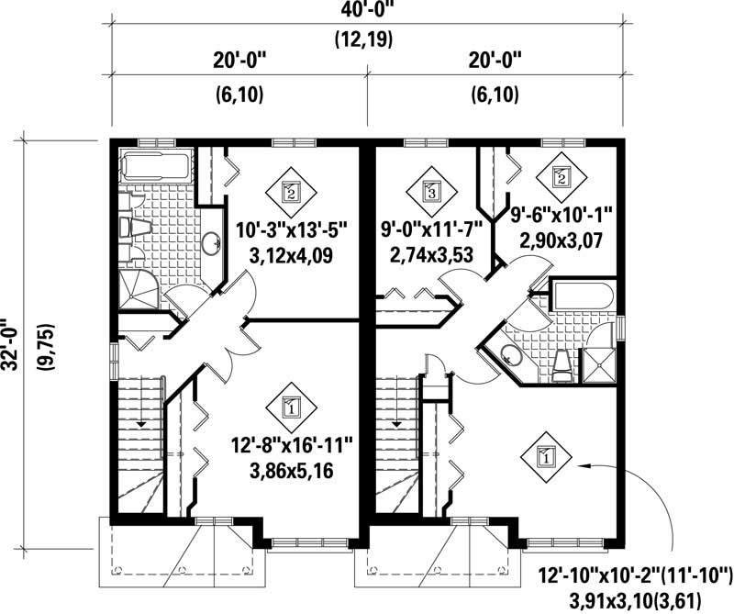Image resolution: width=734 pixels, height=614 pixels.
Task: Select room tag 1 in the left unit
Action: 291,404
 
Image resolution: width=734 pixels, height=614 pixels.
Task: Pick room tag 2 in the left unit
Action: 291,192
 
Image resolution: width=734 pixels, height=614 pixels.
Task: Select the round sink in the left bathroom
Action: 212,243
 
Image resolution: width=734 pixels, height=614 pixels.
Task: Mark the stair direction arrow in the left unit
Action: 140,423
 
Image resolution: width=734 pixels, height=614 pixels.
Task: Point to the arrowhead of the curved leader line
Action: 580,467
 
